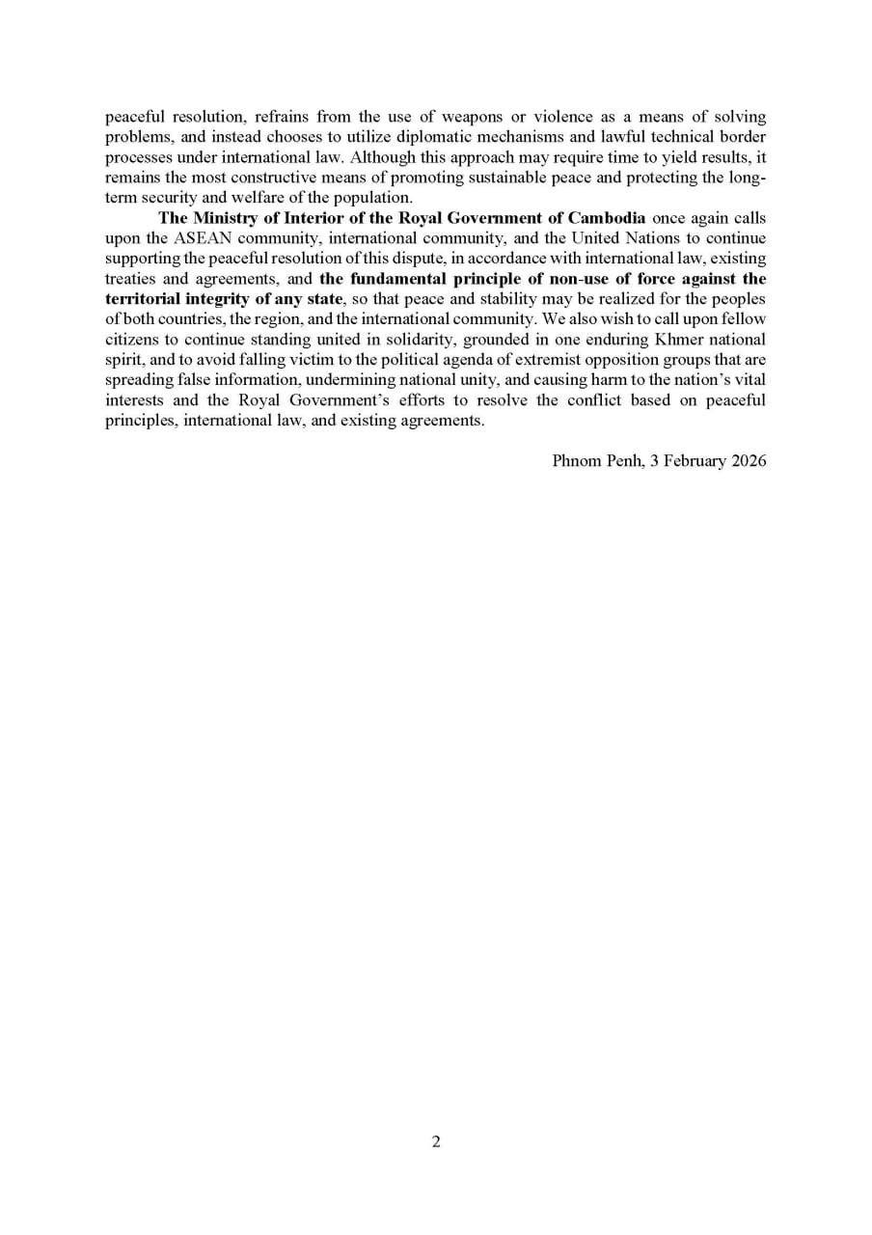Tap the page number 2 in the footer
click(x=436, y=1141)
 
